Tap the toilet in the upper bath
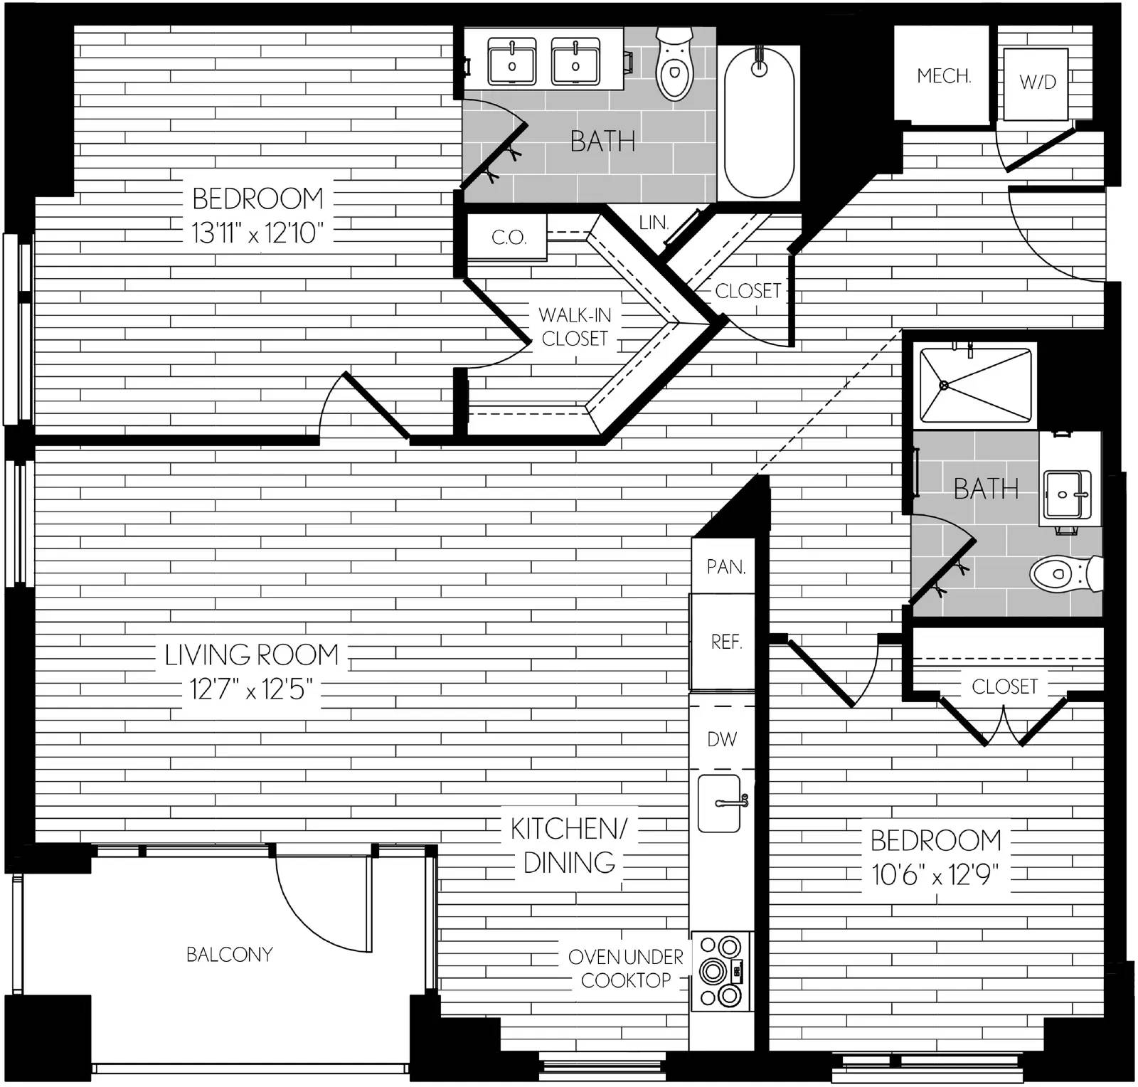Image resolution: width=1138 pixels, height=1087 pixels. click(673, 63)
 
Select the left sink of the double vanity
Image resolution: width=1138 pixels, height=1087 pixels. click(512, 62)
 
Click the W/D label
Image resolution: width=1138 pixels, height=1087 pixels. click(1038, 82)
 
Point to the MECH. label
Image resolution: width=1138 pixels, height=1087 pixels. click(944, 75)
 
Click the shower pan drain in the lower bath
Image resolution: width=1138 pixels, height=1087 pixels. click(944, 385)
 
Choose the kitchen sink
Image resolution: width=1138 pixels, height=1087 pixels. click(721, 803)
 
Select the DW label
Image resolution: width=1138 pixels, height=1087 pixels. click(722, 739)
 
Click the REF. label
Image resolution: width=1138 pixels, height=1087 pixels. click(726, 642)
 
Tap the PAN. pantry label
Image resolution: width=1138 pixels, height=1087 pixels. click(726, 566)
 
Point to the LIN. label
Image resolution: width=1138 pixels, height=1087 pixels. click(654, 222)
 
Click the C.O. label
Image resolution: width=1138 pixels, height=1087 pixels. click(509, 237)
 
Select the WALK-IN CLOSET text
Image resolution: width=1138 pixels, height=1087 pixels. click(575, 327)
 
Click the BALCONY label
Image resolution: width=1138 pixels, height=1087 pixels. click(230, 954)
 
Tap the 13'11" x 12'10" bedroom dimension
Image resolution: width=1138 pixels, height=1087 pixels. click(257, 233)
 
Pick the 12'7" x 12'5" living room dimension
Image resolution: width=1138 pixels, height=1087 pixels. click(251, 689)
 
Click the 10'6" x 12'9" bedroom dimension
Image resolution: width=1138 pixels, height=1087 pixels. click(935, 874)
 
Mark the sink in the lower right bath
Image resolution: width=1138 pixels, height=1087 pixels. click(1067, 494)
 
